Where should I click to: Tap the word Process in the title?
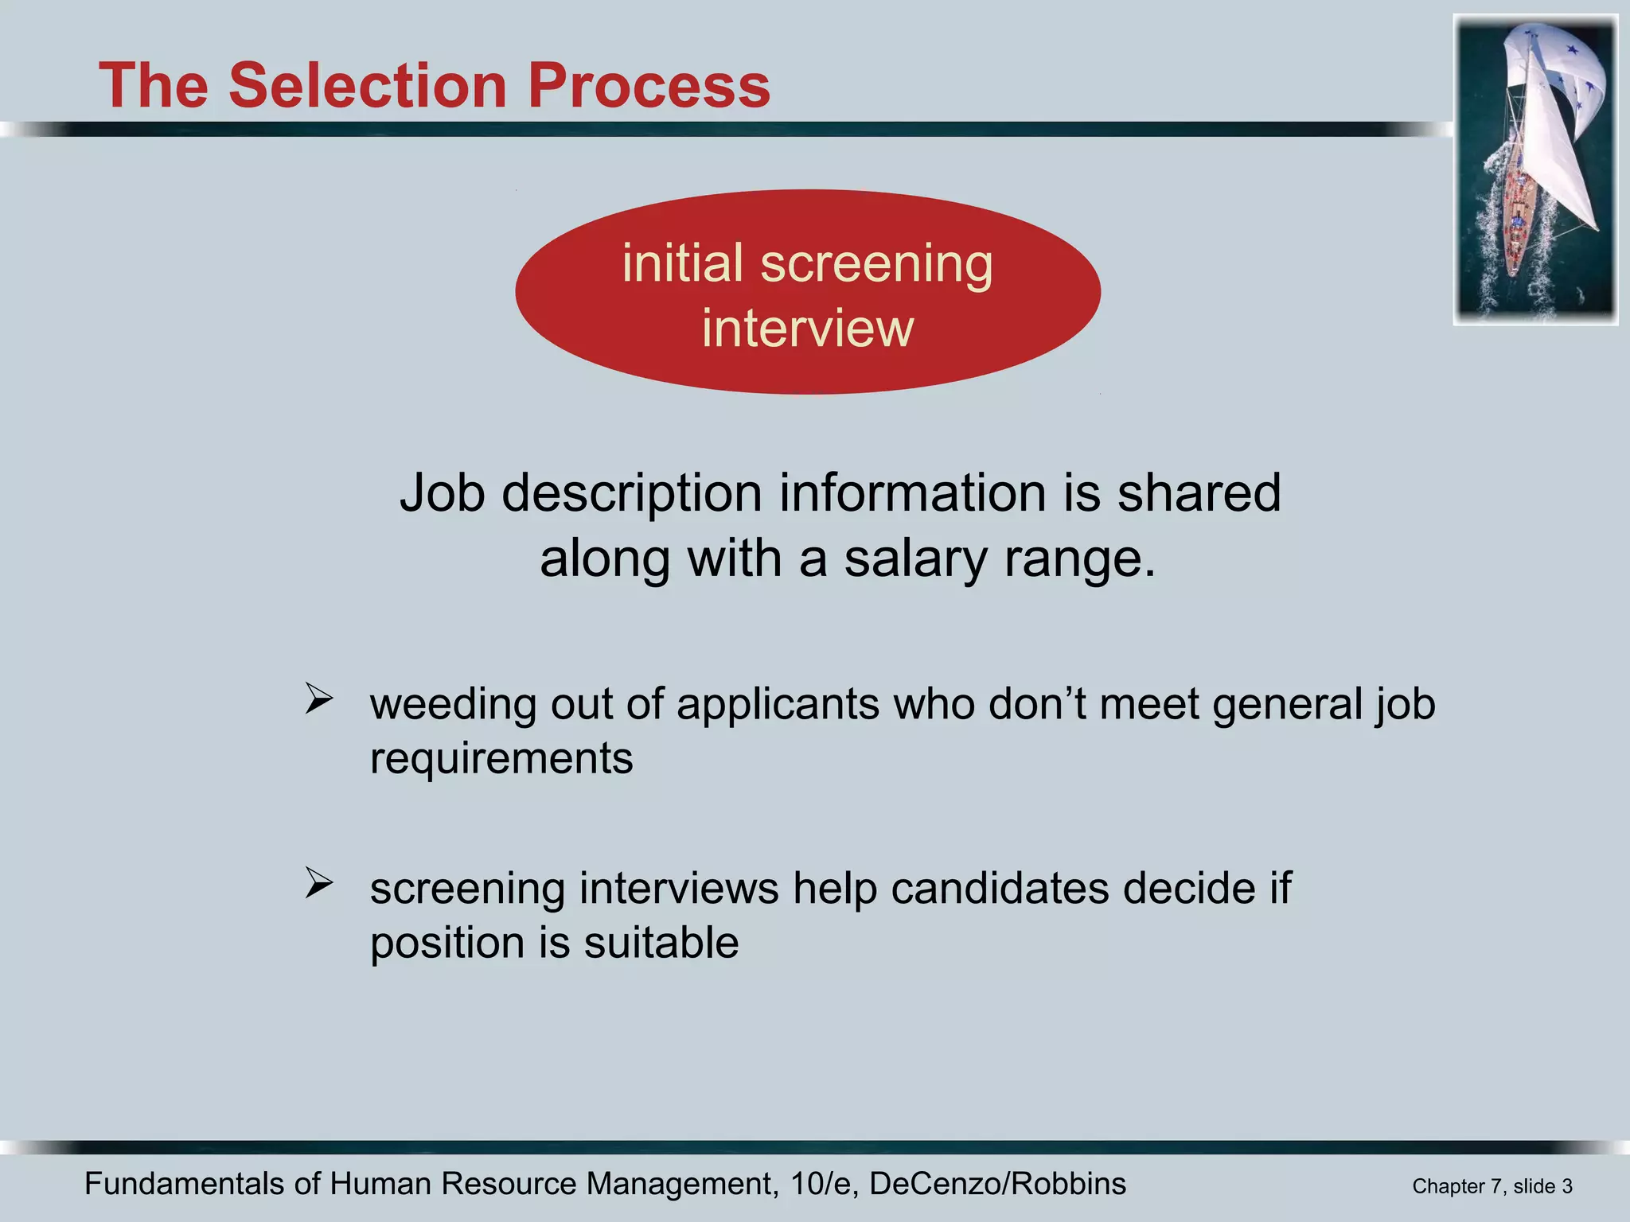(x=649, y=85)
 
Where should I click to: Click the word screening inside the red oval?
(x=876, y=263)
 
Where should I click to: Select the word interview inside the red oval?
(x=807, y=328)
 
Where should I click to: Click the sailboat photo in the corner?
(x=1535, y=169)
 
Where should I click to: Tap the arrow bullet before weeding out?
(x=318, y=699)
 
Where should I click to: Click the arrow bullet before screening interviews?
(x=318, y=883)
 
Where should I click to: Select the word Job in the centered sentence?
(x=442, y=493)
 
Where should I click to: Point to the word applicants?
(x=778, y=705)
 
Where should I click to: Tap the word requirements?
(x=501, y=758)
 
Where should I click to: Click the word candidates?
(x=1000, y=889)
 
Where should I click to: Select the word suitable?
(x=661, y=944)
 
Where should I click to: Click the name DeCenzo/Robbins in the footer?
(x=997, y=1184)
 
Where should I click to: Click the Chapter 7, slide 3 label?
(x=1492, y=1186)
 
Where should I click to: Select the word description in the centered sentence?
(x=633, y=493)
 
